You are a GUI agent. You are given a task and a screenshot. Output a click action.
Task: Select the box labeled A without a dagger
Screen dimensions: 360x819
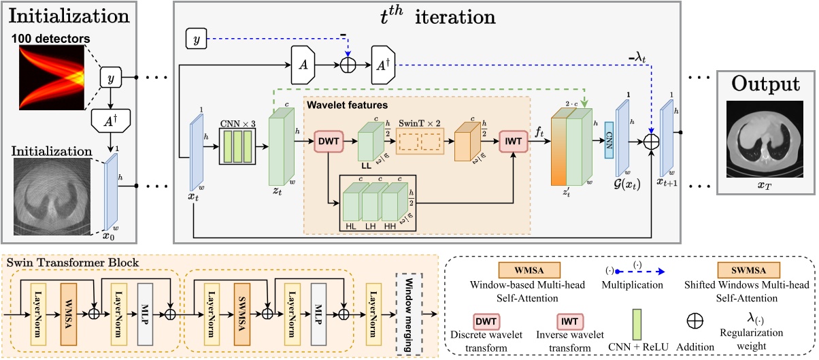[x=301, y=65]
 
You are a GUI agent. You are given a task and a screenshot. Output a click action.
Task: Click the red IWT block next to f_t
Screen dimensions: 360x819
[x=514, y=142]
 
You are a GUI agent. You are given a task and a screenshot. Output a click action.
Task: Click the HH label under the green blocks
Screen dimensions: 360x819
[x=390, y=224]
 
